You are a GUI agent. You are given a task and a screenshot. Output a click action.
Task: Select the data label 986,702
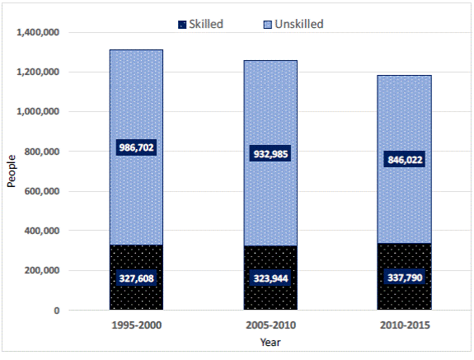point(136,147)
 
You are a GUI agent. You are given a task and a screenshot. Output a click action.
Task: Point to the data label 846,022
point(404,161)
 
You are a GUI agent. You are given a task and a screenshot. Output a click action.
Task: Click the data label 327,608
point(136,278)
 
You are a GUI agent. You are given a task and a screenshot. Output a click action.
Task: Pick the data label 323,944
point(270,278)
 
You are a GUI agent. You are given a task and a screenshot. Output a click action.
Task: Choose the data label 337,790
point(404,278)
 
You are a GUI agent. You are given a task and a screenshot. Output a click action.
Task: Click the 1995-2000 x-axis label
point(136,325)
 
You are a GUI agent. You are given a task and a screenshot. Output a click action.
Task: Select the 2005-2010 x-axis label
point(270,325)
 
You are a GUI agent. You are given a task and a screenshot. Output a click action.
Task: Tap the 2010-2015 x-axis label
point(404,325)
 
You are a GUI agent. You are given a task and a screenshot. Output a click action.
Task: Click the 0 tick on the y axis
point(55,311)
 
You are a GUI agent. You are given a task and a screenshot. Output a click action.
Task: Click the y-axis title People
point(12,171)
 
